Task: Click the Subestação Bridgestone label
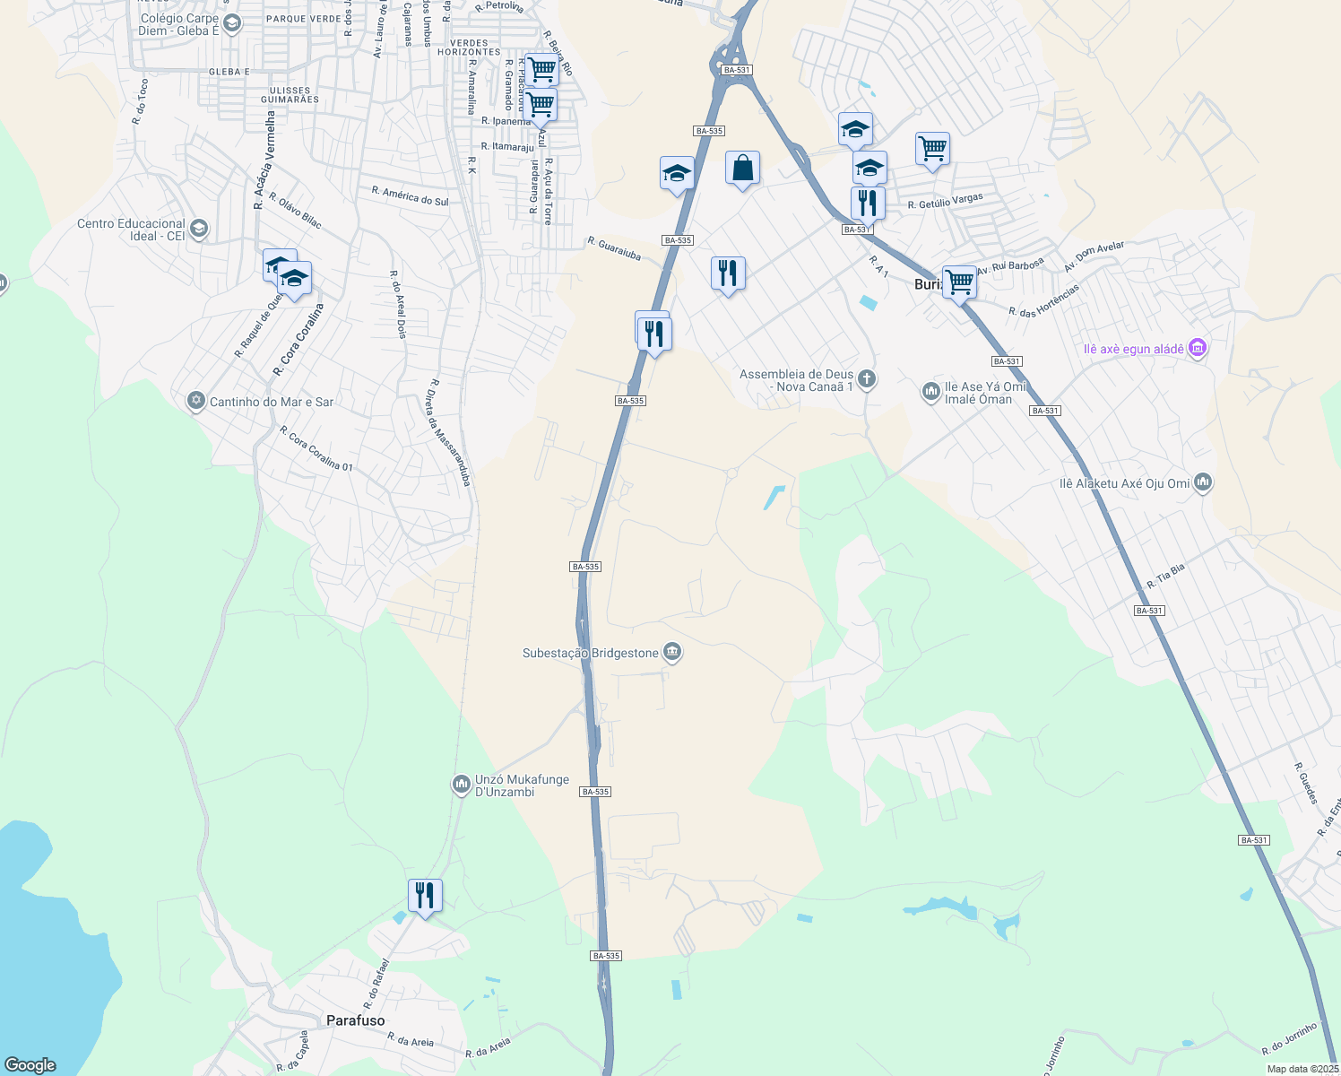(591, 654)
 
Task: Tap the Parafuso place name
(355, 1020)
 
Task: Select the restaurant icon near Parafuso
(424, 896)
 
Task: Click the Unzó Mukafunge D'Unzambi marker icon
(462, 785)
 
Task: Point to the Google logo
(30, 1065)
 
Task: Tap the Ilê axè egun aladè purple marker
(1198, 348)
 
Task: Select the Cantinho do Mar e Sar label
(271, 403)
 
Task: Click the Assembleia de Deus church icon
(866, 379)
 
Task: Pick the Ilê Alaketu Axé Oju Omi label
(1124, 483)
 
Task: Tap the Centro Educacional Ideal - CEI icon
(199, 229)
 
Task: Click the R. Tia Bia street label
(1165, 576)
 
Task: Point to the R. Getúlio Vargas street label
(945, 202)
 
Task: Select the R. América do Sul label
(410, 196)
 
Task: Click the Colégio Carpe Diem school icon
(232, 23)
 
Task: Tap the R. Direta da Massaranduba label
(450, 432)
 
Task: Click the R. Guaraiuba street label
(614, 248)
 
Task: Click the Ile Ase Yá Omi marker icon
(930, 392)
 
